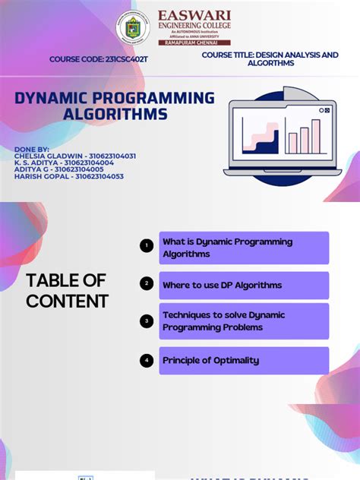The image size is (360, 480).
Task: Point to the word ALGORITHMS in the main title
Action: (x=115, y=114)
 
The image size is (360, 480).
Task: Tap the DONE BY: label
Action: (x=32, y=149)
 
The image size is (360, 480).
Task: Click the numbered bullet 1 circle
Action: (x=147, y=245)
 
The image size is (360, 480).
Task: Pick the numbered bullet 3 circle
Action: (x=147, y=321)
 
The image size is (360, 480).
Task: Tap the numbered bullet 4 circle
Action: (x=147, y=361)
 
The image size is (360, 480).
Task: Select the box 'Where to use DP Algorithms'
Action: (x=243, y=285)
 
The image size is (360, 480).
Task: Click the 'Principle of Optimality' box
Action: (x=243, y=361)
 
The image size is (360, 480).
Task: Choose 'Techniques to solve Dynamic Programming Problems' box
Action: (x=243, y=321)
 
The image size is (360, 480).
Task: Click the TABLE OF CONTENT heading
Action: (x=67, y=291)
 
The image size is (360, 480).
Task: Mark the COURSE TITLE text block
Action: (x=270, y=59)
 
